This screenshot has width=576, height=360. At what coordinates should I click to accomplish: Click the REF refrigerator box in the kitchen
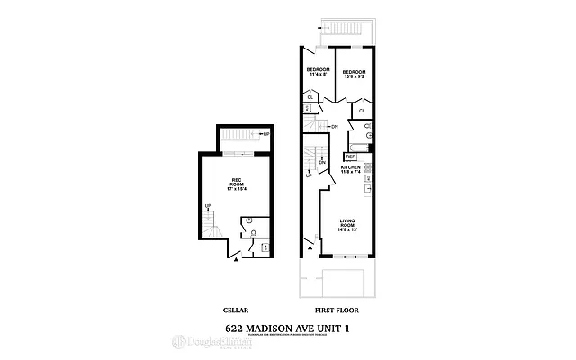pos(350,157)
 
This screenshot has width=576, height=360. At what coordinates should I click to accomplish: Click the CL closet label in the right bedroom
pos(361,111)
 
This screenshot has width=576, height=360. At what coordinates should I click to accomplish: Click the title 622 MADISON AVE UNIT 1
pos(287,327)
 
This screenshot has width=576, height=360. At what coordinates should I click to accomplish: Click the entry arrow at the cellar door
pos(236,258)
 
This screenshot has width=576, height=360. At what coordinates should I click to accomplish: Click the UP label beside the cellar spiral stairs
pos(208,206)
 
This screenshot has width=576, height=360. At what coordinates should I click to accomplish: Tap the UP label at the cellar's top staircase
pos(265,134)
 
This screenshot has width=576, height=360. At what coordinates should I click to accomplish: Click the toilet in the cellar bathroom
pos(247,221)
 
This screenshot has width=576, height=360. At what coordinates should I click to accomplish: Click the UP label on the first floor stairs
pos(309,175)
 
